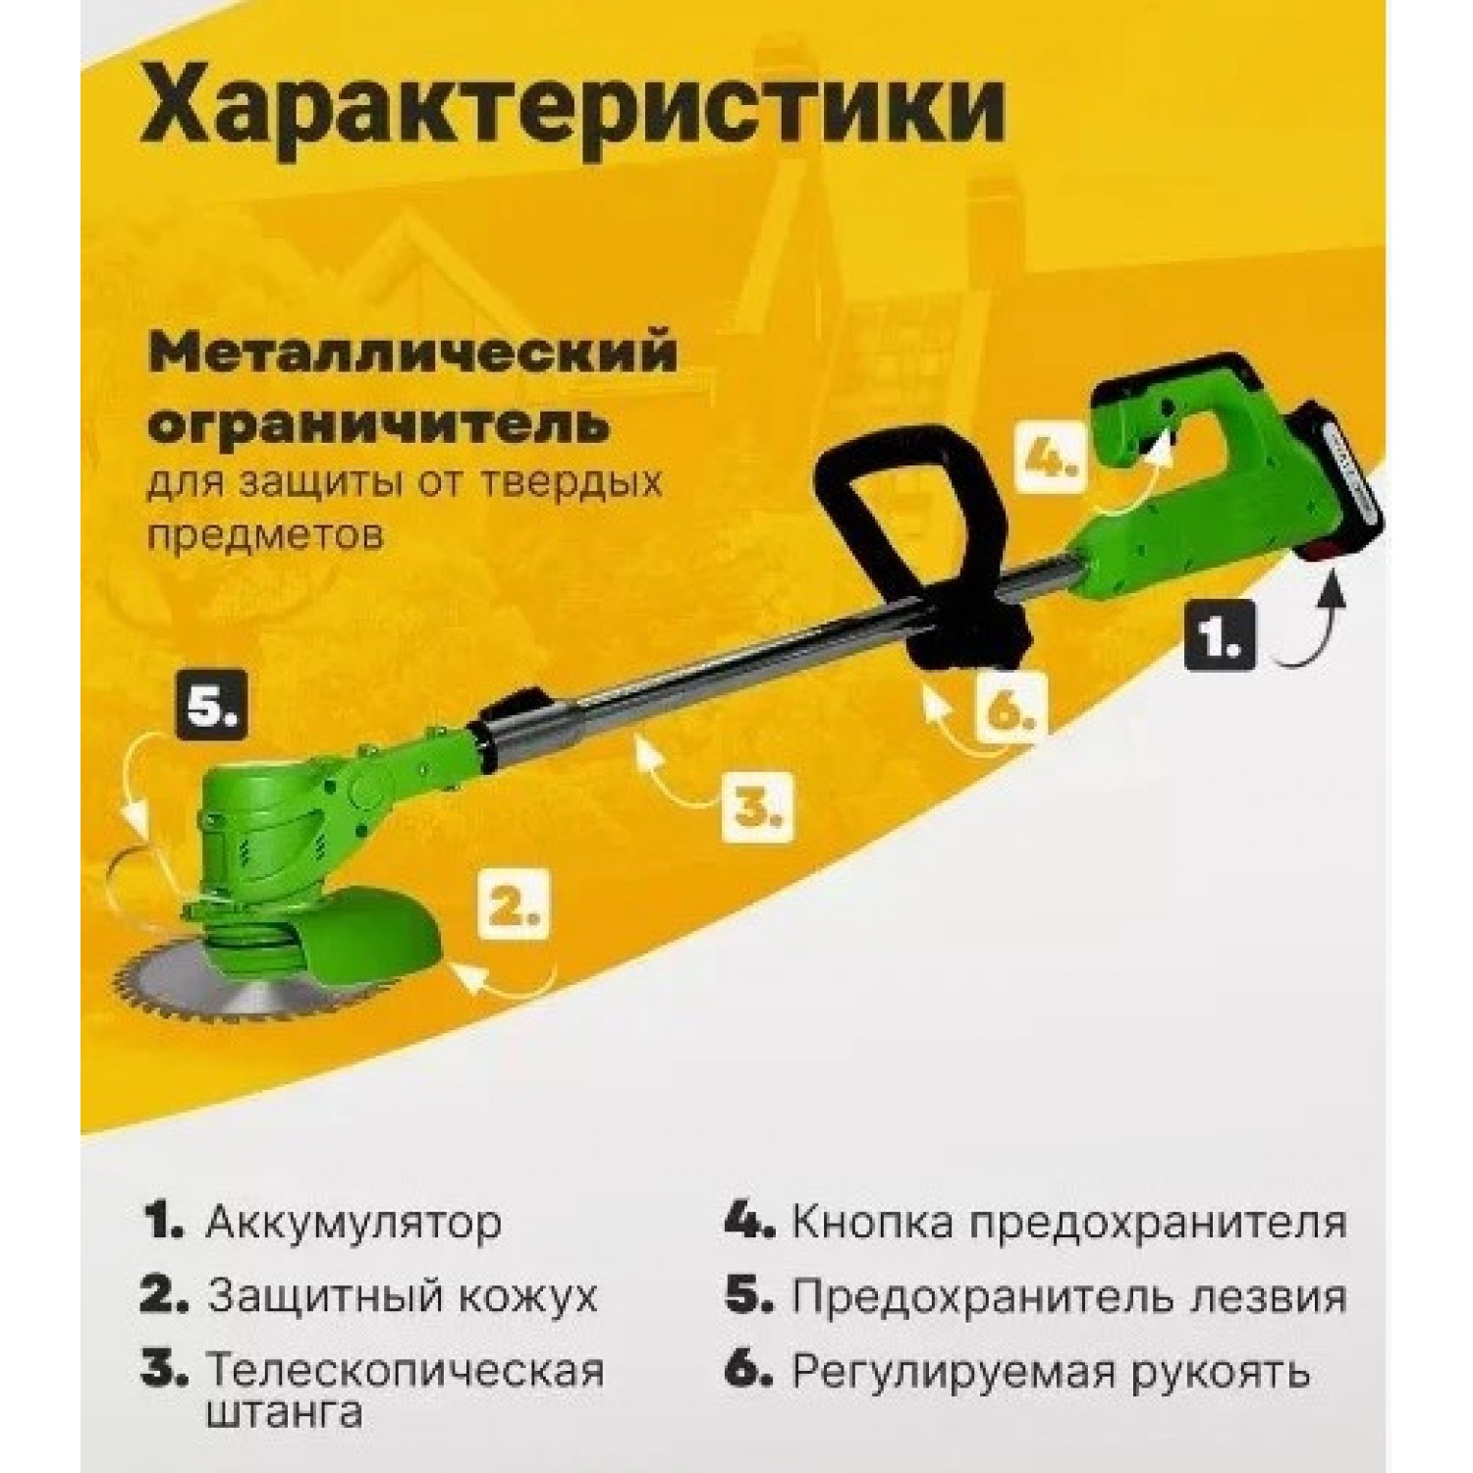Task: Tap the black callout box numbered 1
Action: (x=1219, y=635)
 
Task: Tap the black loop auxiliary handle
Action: (x=918, y=540)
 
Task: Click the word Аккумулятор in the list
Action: (x=354, y=1224)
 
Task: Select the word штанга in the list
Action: (x=284, y=1414)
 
